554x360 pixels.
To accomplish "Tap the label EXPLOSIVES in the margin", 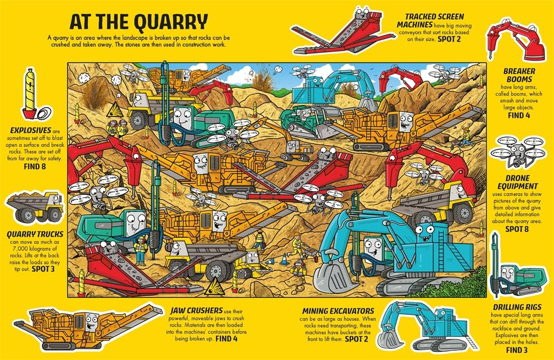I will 28,130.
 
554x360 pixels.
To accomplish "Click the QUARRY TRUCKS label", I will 35,234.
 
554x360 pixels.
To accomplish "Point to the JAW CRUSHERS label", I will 197,310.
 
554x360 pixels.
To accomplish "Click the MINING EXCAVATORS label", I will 338,310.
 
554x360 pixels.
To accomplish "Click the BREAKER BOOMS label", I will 519,75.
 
